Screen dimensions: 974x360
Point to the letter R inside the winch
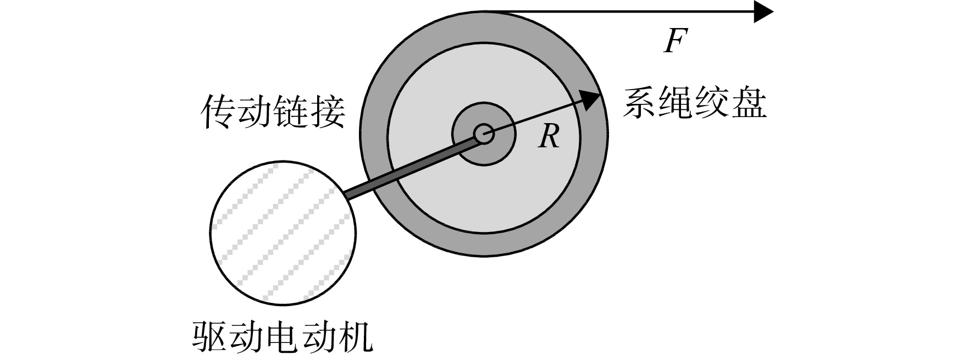tap(549, 136)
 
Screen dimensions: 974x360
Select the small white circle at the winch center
tap(484, 134)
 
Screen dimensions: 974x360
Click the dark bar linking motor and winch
tap(411, 167)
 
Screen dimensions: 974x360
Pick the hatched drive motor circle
tap(283, 232)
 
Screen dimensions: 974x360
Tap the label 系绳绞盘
tap(694, 103)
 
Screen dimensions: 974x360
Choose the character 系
tap(639, 103)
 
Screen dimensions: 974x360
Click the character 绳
tap(676, 103)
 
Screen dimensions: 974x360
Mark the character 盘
tap(749, 103)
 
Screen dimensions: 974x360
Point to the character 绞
tap(712, 103)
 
